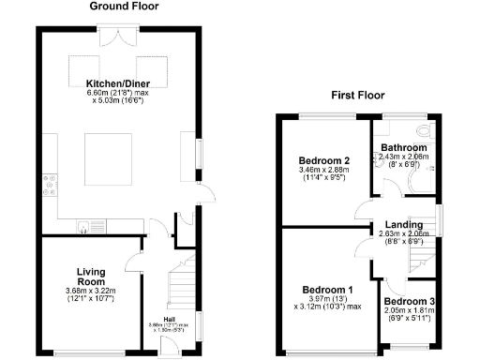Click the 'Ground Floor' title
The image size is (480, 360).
(124, 7)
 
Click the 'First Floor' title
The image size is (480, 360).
(359, 96)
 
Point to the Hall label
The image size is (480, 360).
(170, 319)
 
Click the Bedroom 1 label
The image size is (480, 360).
(322, 289)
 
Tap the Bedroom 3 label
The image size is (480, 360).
(409, 301)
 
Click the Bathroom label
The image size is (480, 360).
(404, 148)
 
